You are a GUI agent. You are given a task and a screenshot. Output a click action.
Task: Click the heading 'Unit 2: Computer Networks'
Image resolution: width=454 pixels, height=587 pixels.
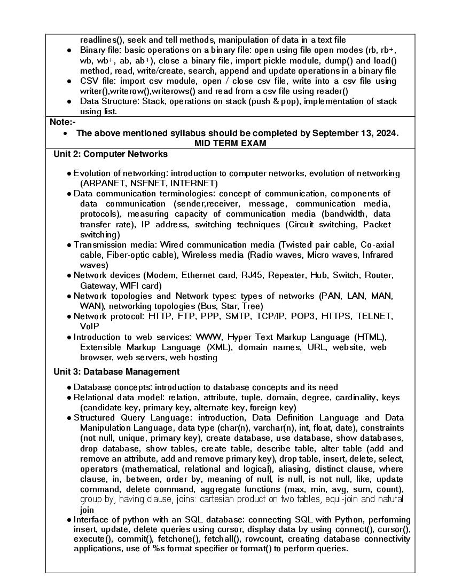point(111,154)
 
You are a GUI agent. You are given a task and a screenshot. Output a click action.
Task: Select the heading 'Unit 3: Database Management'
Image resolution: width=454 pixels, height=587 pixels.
point(116,371)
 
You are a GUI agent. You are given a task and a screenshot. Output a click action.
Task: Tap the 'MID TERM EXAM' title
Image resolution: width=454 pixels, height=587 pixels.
point(230,144)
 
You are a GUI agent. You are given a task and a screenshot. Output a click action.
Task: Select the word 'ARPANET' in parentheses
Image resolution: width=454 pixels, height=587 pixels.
point(101,183)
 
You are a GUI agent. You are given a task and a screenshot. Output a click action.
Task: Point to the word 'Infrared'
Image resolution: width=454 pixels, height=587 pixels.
point(376,255)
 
